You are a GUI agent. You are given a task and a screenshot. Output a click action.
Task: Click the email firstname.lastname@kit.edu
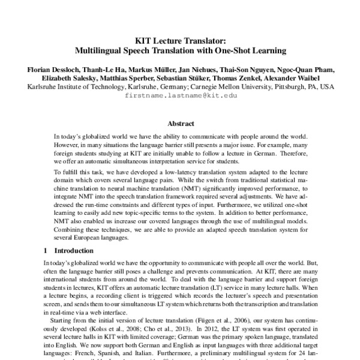click(x=180, y=95)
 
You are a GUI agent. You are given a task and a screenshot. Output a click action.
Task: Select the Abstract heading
click(x=180, y=124)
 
